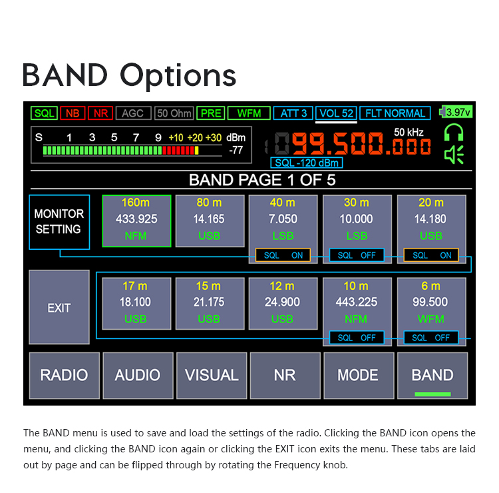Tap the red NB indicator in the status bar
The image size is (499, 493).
[x=73, y=113]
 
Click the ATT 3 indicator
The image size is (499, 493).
[x=293, y=113]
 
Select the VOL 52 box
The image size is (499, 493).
[x=336, y=113]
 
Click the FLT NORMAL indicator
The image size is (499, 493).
[x=395, y=113]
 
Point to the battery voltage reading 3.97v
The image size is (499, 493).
[x=458, y=112]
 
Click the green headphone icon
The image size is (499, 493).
[x=454, y=133]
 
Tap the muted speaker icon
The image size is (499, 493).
[x=454, y=155]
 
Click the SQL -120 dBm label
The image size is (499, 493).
[x=307, y=163]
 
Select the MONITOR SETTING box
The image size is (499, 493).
[x=59, y=222]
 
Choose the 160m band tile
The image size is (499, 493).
[x=136, y=221]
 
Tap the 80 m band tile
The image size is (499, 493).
[x=210, y=221]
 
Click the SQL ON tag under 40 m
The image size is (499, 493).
[x=283, y=255]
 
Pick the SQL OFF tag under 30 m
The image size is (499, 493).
[x=357, y=255]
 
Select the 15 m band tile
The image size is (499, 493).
[x=210, y=303]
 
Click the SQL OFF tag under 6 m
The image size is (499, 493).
[x=431, y=338]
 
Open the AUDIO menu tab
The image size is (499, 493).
[x=138, y=375]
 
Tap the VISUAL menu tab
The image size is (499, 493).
[x=212, y=375]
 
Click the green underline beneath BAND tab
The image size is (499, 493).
[x=432, y=394]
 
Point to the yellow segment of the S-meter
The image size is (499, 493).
[x=197, y=151]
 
